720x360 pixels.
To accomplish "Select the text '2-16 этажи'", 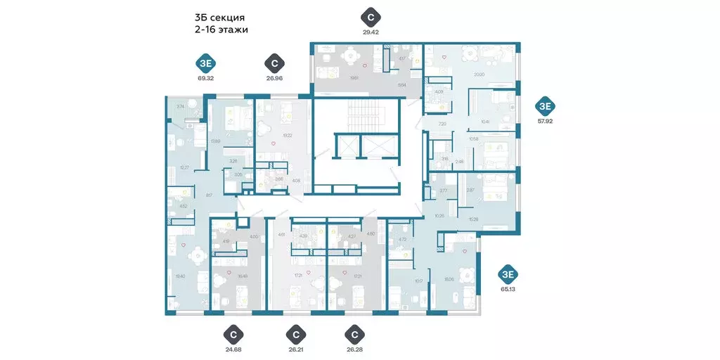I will point(221,30).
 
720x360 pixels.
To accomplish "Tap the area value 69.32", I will point(206,78).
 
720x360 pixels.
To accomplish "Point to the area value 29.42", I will point(370,32).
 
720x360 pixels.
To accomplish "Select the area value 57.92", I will point(545,121).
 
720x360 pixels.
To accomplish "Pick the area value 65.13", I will point(508,288).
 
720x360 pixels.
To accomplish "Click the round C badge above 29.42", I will point(370,16).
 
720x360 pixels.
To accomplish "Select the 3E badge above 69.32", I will point(206,63).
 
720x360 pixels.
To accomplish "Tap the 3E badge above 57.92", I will point(545,106).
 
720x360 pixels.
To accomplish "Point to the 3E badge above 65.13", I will point(508,274).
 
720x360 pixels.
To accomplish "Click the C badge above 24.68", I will point(233,333).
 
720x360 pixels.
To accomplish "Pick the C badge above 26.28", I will point(355,333).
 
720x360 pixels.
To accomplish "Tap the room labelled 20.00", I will point(479,74).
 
